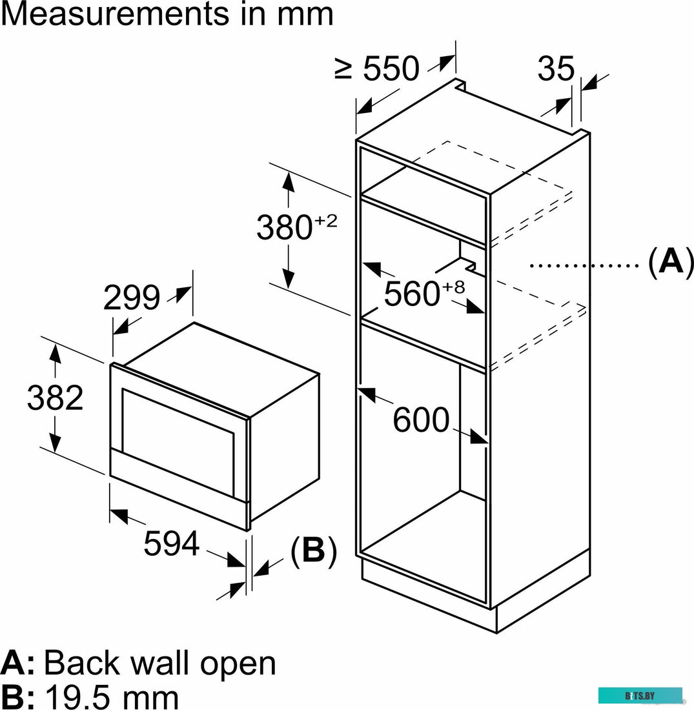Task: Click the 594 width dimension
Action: (x=170, y=543)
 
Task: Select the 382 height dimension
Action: (x=55, y=398)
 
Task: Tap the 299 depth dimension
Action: (x=131, y=298)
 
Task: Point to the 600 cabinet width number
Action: (x=421, y=421)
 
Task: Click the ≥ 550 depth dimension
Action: (x=378, y=68)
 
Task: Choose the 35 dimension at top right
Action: (x=555, y=68)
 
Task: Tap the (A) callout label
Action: (x=671, y=263)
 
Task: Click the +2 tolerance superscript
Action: (x=326, y=221)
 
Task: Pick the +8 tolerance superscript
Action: (x=453, y=288)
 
